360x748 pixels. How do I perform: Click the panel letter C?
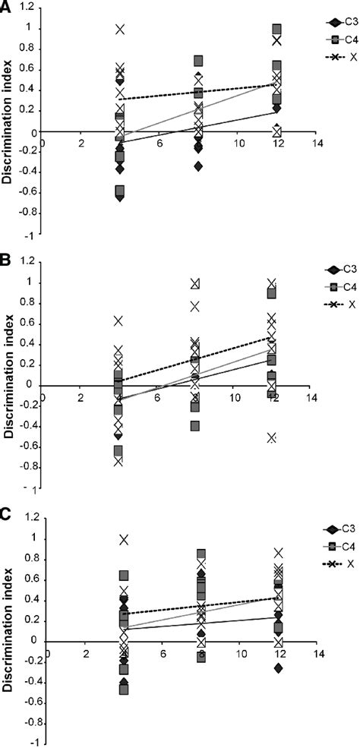6,516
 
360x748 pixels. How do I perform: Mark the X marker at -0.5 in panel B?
272,437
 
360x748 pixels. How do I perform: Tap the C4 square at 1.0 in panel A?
276,30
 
